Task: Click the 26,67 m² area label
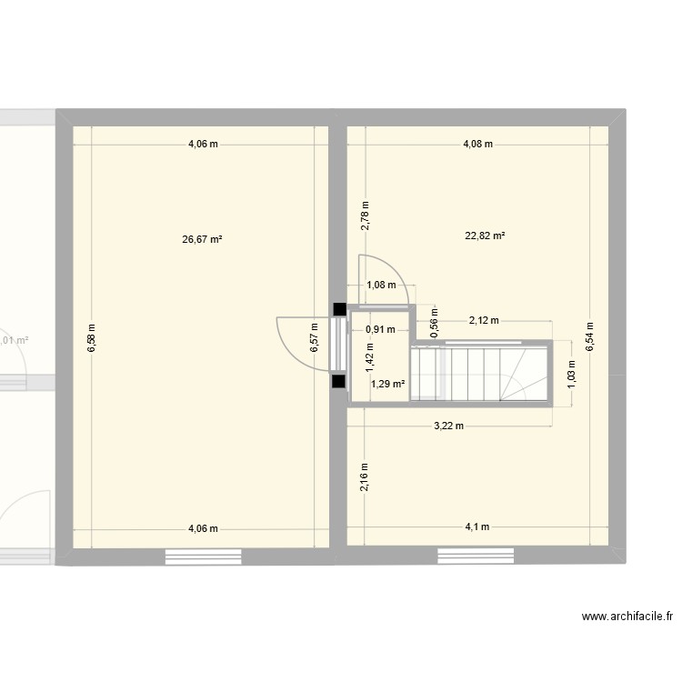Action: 203,240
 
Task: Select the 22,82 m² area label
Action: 485,236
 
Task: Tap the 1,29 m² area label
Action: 387,385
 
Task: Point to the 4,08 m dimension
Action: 477,144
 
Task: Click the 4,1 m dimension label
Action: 476,527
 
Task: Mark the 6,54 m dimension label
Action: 589,336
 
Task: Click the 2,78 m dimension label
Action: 365,215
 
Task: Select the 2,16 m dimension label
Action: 365,476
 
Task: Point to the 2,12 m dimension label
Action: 484,320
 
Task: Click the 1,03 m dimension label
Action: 571,373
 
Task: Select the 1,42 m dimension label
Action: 369,355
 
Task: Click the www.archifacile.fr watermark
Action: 627,616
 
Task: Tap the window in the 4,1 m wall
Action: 476,556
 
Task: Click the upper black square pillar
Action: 339,310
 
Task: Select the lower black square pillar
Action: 339,383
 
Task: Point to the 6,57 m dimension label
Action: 314,337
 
